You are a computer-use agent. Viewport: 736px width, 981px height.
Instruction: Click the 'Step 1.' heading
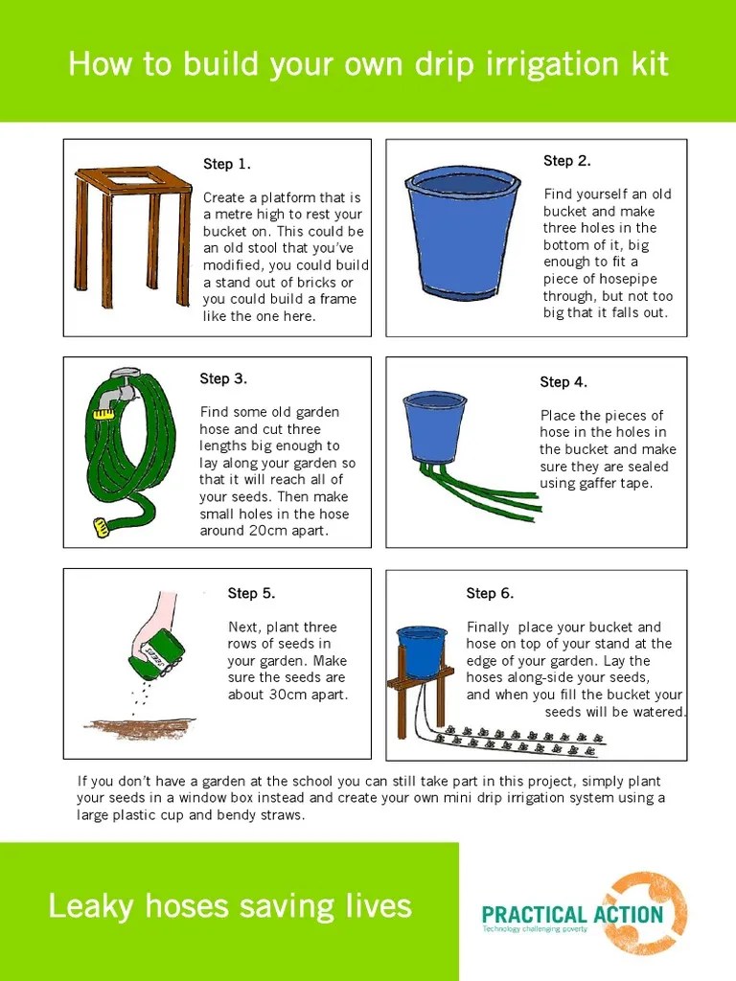227,164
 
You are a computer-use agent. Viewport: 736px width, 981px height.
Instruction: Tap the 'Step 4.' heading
563,382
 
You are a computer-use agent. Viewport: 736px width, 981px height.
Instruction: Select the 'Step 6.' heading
490,594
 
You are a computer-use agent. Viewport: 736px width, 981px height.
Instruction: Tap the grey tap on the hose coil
123,382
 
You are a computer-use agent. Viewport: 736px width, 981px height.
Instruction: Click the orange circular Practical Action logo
647,914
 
